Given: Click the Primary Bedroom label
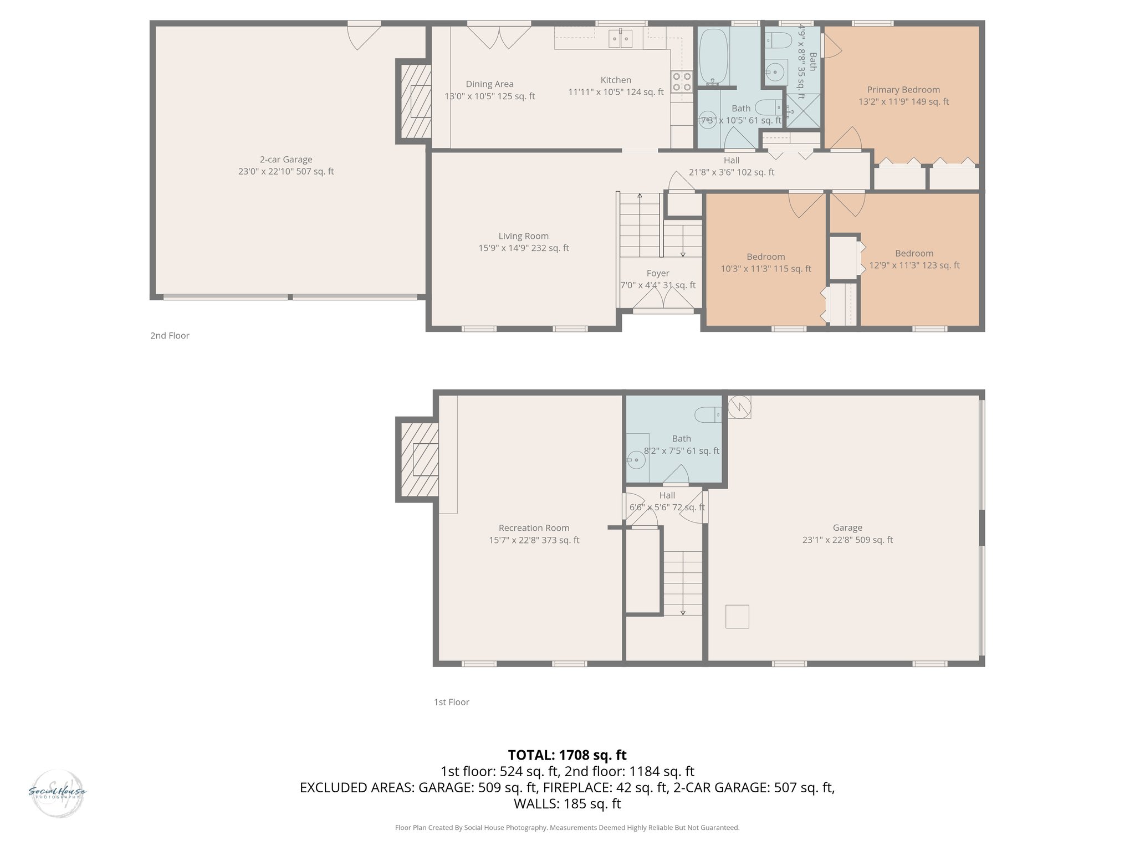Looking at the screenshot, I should point(903,90).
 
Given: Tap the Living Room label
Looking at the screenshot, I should point(523,236).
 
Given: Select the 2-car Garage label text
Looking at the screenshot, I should point(286,160).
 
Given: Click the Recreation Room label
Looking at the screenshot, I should point(534,528).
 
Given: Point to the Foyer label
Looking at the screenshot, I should point(658,273).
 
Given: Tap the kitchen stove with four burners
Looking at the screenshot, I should point(682,81).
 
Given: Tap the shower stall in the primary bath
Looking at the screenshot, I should point(804,111).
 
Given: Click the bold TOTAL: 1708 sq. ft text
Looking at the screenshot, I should point(567,755).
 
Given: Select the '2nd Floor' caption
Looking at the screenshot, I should point(170,336).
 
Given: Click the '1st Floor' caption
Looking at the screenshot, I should point(451,702).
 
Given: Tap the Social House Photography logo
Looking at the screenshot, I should point(58,793).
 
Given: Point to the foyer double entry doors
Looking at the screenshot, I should point(663,299).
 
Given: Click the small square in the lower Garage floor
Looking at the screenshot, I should point(737,617).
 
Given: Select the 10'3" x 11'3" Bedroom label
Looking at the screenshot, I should point(765,263).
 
